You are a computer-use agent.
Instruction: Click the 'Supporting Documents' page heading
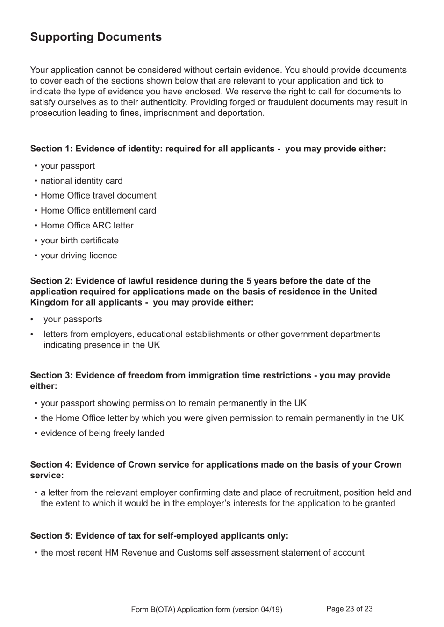click(96, 37)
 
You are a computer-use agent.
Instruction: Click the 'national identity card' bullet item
click(81, 181)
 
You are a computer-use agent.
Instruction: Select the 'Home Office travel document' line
click(98, 196)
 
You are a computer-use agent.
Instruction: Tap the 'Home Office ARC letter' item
click(87, 226)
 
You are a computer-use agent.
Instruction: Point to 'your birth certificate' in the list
click(79, 241)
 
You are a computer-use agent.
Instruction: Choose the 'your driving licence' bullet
click(79, 256)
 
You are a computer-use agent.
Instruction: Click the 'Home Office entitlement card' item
click(98, 211)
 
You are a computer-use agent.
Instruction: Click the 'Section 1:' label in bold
click(51, 149)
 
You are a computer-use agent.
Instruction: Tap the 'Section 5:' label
click(51, 536)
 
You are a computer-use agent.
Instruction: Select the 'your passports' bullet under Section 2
click(72, 320)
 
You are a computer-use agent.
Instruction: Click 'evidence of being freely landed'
click(102, 434)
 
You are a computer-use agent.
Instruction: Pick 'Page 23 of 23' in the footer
click(349, 609)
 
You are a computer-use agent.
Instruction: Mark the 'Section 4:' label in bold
click(51, 465)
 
